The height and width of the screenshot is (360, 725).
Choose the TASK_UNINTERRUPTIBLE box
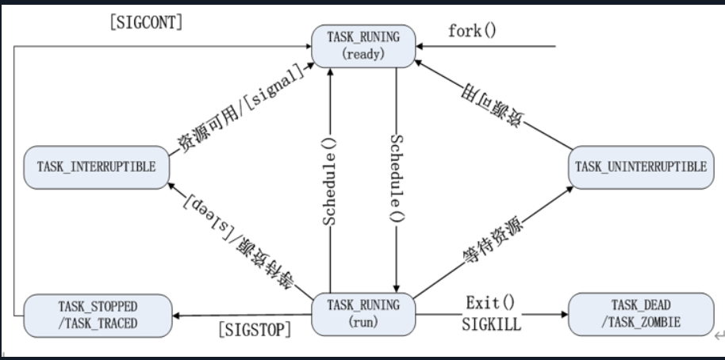pyautogui.click(x=640, y=167)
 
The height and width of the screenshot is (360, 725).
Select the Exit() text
pyautogui.click(x=491, y=302)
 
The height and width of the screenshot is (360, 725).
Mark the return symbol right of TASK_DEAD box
pyautogui.click(x=719, y=335)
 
